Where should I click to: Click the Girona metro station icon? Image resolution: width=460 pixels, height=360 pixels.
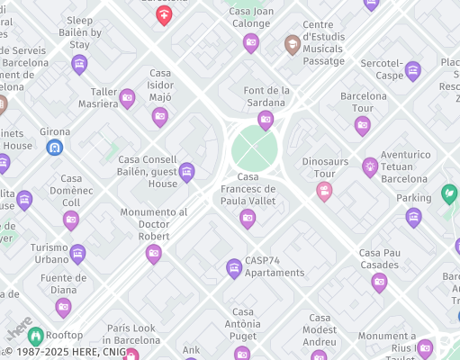[54, 146]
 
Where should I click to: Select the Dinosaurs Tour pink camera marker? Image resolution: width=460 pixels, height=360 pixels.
[324, 190]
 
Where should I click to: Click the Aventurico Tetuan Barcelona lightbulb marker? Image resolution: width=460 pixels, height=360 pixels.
[370, 166]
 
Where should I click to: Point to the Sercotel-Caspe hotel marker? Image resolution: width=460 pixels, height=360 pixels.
[412, 69]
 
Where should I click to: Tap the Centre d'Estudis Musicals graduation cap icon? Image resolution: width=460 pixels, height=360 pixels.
[293, 43]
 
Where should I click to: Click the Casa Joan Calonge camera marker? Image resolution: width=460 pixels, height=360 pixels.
[251, 41]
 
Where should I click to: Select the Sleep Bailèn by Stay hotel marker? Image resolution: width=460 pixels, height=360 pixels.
[79, 63]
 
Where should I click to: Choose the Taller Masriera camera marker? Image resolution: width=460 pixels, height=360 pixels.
[127, 97]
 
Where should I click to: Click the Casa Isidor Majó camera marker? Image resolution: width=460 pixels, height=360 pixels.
[160, 115]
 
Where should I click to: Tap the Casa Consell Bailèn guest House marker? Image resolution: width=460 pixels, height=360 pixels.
[186, 171]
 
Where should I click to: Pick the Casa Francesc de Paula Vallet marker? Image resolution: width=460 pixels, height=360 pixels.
[248, 217]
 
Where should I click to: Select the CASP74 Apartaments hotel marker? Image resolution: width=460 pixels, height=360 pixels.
[234, 267]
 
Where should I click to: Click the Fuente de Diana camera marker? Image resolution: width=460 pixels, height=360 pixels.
[63, 307]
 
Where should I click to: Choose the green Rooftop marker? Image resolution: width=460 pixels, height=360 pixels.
[35, 336]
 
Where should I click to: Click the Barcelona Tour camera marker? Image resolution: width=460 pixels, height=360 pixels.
[363, 124]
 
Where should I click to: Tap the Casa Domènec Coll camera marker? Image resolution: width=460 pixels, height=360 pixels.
[71, 219]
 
